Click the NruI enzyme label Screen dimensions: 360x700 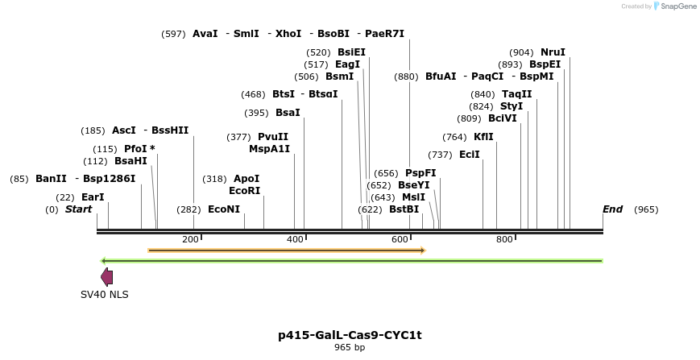tap(553, 52)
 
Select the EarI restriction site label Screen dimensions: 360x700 tap(93, 197)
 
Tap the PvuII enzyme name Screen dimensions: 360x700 tap(273, 137)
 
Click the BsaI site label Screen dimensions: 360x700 tap(288, 113)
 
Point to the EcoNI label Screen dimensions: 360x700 tap(224, 209)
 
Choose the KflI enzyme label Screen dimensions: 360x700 tap(483, 137)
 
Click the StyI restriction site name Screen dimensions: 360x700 tap(512, 106)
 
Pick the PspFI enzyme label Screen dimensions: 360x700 tap(420, 173)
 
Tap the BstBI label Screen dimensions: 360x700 tap(404, 209)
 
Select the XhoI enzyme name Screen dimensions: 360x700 tap(288, 34)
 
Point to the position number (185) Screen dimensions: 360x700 tap(93, 130)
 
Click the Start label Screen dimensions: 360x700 tap(79, 209)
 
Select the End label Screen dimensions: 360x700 tap(613, 209)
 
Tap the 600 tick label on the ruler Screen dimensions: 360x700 tap(400, 239)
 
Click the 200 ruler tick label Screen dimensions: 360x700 tap(191, 239)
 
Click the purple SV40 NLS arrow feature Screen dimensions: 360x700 tap(106, 277)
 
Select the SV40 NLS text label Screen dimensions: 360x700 tap(105, 295)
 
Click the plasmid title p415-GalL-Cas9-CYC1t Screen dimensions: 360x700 tap(350, 335)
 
